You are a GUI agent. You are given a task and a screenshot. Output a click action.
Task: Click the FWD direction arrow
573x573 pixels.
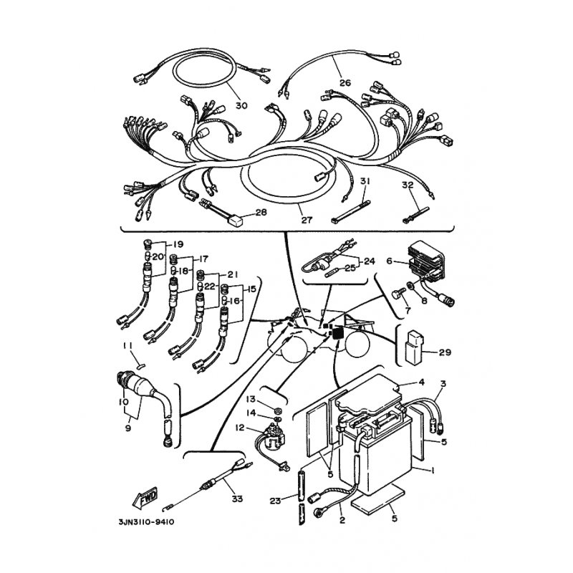tap(145, 498)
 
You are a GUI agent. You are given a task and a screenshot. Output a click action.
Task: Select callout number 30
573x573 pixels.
tap(241, 105)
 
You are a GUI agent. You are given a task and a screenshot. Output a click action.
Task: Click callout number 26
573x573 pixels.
tap(345, 83)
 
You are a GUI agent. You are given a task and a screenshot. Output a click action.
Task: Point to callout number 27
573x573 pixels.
tap(307, 220)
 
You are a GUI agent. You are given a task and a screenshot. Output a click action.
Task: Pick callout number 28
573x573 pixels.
tap(261, 212)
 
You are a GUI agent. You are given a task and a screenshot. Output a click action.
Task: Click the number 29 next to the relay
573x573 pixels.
tap(444, 352)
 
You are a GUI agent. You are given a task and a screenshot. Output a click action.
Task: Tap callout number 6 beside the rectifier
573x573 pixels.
tap(390, 261)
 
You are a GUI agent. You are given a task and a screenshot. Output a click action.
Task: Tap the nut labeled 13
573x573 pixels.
tap(277, 408)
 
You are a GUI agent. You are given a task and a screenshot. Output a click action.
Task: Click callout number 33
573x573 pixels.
tap(237, 499)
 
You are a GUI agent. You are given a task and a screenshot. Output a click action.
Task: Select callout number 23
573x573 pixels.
tap(276, 501)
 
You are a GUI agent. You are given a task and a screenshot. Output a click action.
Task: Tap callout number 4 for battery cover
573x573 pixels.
tap(421, 382)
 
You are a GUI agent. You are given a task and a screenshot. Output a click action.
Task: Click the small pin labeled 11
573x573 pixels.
tap(140, 365)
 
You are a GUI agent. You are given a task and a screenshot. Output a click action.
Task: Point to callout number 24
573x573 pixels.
tap(370, 261)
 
